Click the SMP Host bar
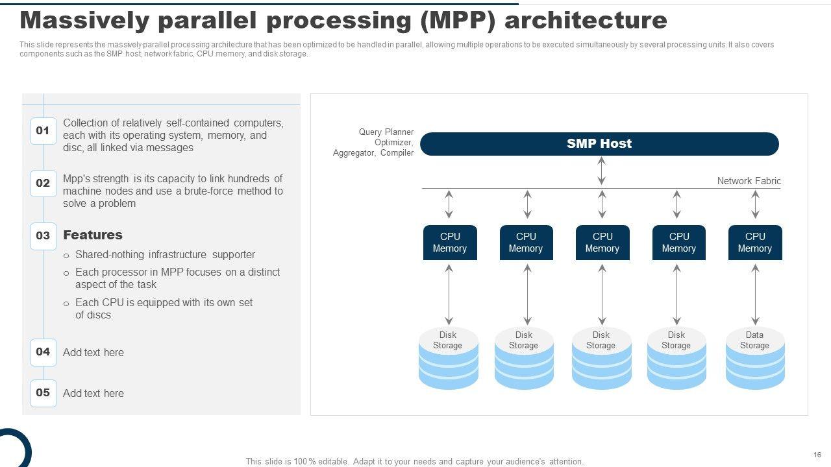(x=599, y=144)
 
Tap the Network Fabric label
(x=749, y=181)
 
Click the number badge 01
(x=43, y=130)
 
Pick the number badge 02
(x=43, y=184)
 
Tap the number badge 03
(x=43, y=235)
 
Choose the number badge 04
(x=43, y=352)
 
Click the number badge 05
(x=43, y=393)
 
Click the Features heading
(x=93, y=235)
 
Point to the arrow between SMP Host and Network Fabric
(x=602, y=171)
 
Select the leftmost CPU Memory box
(x=450, y=243)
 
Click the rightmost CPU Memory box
(x=755, y=243)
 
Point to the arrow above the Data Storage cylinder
(x=755, y=294)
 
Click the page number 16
(x=817, y=455)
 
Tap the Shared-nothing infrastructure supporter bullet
(x=165, y=255)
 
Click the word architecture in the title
(x=585, y=21)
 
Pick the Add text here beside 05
(x=93, y=393)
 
